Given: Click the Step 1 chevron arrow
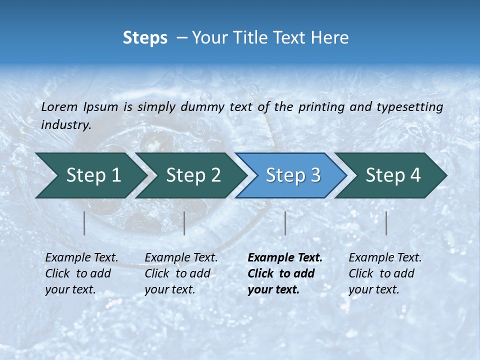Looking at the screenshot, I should click(92, 175).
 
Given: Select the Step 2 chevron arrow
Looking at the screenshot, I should click(192, 175).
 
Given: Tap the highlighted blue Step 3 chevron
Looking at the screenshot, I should click(292, 175).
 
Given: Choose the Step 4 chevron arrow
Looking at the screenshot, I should click(392, 175).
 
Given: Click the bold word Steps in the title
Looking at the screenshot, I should click(145, 38).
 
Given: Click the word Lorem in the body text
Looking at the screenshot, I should click(59, 106).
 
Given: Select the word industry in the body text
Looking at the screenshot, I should click(65, 125).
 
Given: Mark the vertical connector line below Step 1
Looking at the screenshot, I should click(84, 223).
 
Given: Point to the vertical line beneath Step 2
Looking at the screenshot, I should click(184, 223).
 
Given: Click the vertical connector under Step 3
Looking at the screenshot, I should click(285, 223).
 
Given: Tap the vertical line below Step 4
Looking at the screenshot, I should click(386, 223).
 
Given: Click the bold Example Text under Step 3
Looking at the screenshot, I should click(285, 258).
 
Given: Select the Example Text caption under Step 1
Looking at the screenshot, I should click(81, 258).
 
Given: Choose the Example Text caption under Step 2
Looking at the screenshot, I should click(181, 258).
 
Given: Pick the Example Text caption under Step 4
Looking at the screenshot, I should click(385, 258).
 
